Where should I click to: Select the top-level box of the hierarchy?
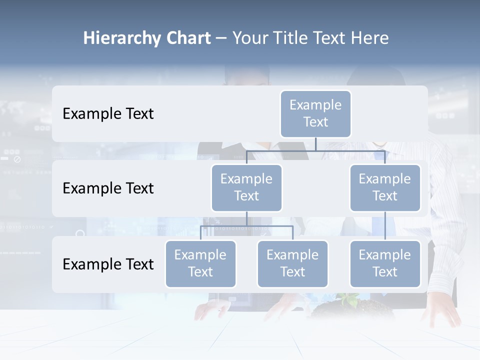pos(315,113)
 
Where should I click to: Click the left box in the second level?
pos(246,187)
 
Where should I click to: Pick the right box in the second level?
pos(385,187)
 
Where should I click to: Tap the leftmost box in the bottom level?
pos(200,263)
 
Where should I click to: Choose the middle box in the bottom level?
pos(292,263)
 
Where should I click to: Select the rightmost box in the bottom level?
pos(385,263)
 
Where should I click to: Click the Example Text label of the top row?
pos(108,114)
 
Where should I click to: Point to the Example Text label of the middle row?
pos(108,188)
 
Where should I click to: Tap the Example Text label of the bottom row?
pos(108,264)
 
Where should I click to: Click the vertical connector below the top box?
pos(315,143)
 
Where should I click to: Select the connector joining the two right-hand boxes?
pos(385,226)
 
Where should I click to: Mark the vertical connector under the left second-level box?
pos(246,218)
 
